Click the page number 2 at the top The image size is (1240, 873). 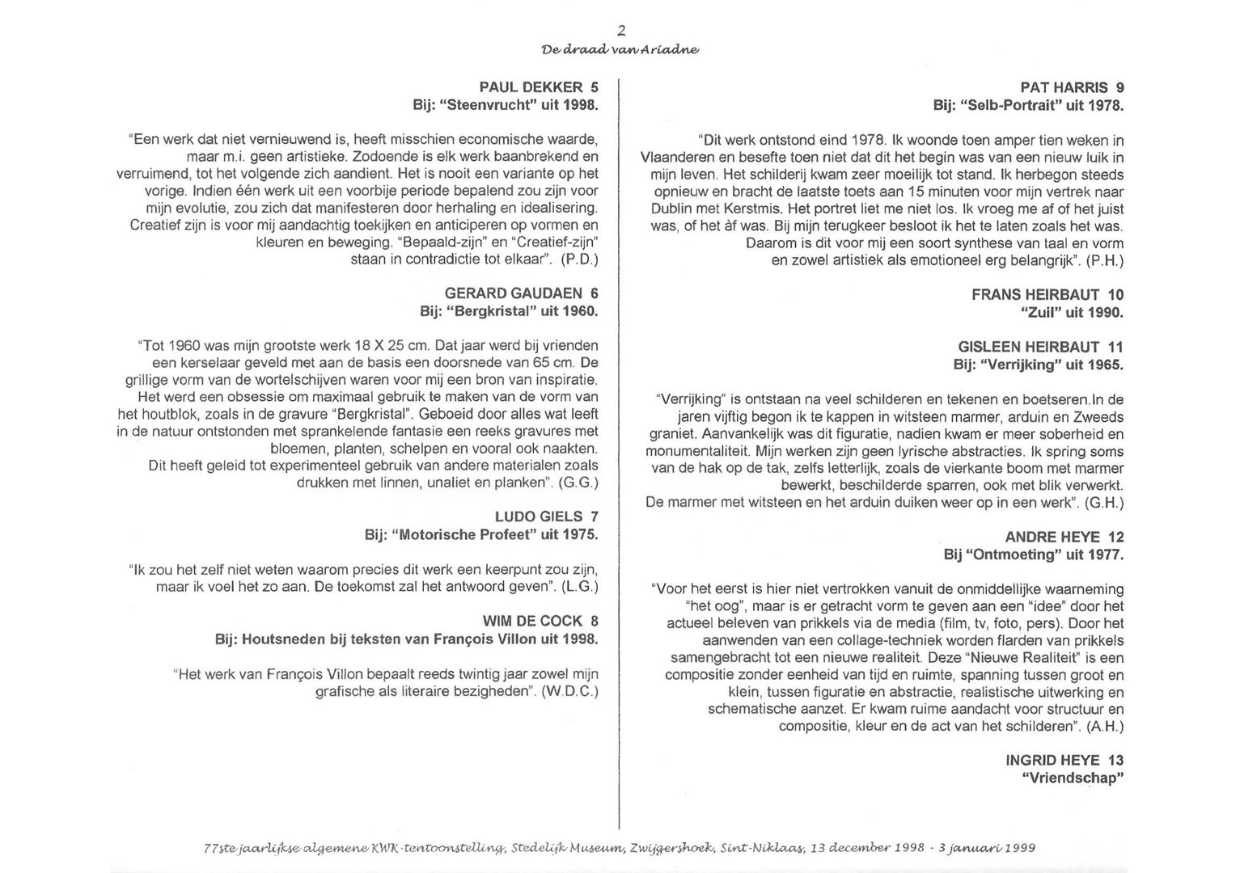tap(621, 31)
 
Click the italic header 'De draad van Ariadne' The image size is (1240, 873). tap(620, 49)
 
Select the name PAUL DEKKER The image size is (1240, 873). tap(531, 87)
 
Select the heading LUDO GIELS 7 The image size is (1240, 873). tap(546, 517)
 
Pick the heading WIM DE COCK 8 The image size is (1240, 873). tap(540, 621)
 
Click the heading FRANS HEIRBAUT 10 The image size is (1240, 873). tap(1047, 295)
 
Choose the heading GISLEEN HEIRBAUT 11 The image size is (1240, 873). tap(1040, 347)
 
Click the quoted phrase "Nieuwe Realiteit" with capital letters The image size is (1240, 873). tap(1024, 658)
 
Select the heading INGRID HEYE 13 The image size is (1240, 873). tap(1064, 760)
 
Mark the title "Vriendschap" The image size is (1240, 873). tap(1073, 778)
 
